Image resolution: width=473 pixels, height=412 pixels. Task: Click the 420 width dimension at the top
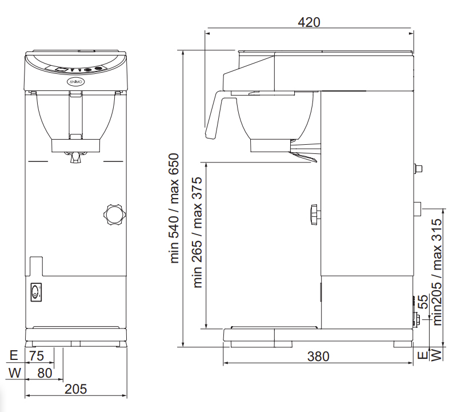click(x=309, y=22)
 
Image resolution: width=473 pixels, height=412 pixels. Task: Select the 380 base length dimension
click(x=318, y=356)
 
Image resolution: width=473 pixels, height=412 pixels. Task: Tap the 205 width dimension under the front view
click(x=76, y=389)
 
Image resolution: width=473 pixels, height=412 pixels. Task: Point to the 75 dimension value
click(x=37, y=356)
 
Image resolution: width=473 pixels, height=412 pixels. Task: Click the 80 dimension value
click(x=45, y=373)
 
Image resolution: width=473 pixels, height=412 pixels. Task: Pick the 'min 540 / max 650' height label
click(x=174, y=208)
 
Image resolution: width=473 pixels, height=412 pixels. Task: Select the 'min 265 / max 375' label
click(x=197, y=232)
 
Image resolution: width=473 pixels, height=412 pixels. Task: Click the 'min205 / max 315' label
click(x=437, y=272)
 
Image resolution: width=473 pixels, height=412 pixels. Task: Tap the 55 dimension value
click(x=424, y=302)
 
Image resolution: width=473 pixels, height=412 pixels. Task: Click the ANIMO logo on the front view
click(x=75, y=82)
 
